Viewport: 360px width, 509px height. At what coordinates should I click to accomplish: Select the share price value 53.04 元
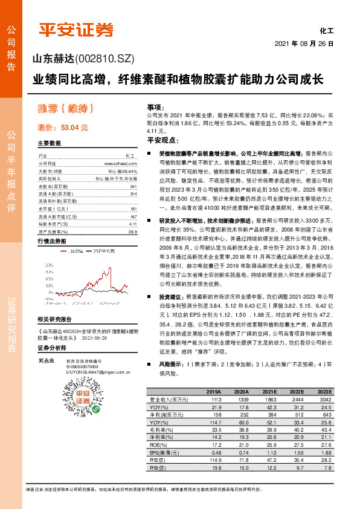(74, 128)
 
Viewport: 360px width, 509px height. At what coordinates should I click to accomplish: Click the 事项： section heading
(156, 105)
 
